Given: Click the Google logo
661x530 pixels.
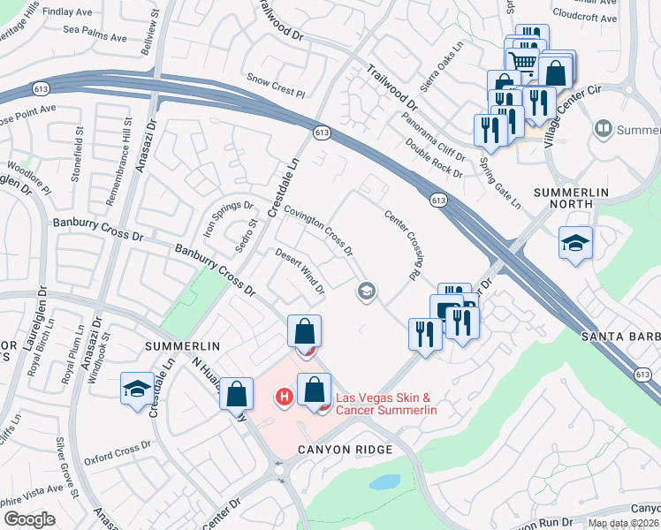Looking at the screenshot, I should [29, 519].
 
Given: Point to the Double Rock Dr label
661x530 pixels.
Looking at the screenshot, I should [434, 158].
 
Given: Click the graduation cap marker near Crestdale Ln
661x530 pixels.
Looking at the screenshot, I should [137, 390].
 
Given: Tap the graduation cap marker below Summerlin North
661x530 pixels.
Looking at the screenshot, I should [575, 243].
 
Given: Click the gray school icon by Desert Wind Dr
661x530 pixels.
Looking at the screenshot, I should [366, 291].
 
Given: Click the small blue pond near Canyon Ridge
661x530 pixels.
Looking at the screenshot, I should [384, 482].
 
